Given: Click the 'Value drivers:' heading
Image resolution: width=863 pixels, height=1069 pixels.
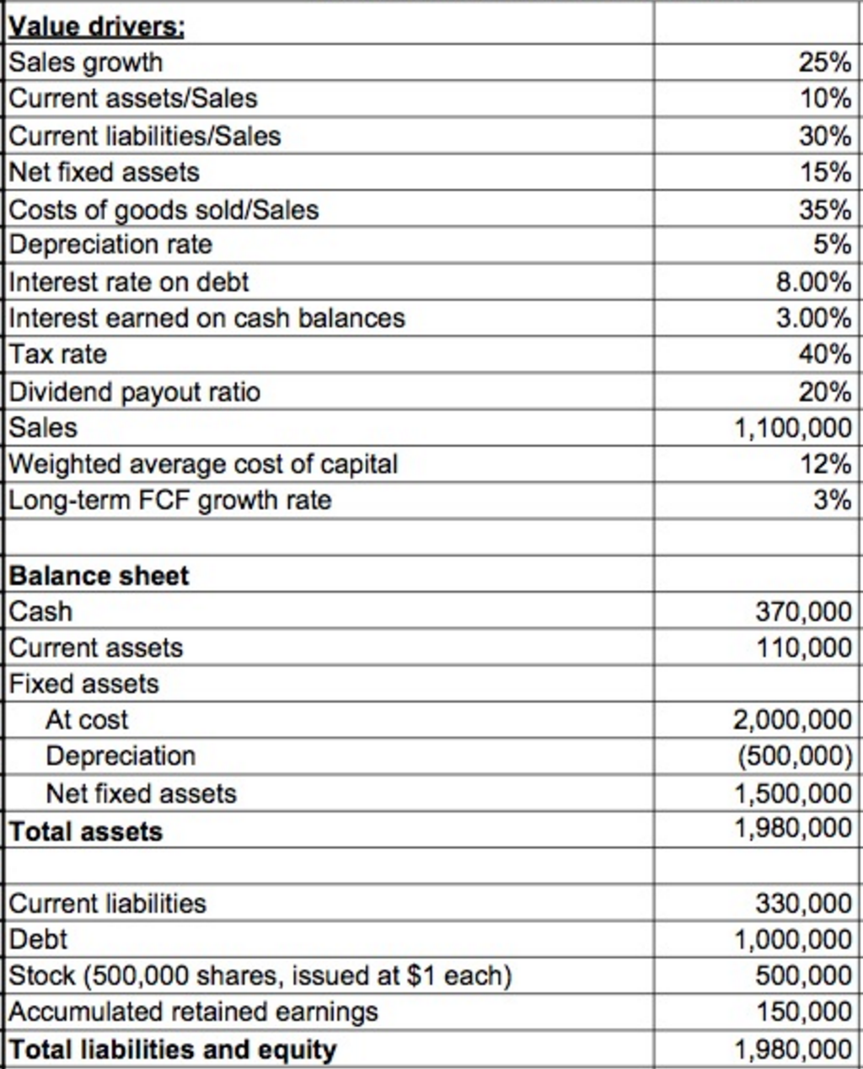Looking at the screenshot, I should (97, 27).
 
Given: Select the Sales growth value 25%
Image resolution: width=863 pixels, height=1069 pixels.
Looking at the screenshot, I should (824, 62).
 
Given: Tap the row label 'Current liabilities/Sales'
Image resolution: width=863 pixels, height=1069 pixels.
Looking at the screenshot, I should (145, 136).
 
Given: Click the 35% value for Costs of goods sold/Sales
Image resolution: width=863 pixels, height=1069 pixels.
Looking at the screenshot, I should (824, 209).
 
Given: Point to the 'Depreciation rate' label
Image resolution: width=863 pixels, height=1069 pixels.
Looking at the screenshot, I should (110, 244).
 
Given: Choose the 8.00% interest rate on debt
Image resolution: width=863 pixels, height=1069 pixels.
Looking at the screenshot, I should (813, 282).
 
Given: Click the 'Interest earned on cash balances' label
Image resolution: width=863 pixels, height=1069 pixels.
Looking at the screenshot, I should (207, 318).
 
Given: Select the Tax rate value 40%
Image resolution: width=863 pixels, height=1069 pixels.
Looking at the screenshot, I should (824, 354).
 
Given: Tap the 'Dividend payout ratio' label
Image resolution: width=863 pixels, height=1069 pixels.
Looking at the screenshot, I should (135, 392).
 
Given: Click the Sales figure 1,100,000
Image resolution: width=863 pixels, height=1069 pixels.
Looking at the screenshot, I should (793, 428).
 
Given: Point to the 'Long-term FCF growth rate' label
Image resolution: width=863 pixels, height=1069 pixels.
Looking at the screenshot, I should (170, 501).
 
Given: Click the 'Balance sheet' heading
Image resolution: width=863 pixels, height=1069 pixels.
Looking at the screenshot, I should (99, 576).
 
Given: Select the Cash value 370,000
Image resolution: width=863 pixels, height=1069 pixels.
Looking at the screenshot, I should (803, 611).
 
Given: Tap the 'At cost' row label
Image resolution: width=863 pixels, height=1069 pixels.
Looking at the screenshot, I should (87, 720).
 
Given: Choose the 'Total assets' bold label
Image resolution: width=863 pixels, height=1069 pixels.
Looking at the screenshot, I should (86, 832).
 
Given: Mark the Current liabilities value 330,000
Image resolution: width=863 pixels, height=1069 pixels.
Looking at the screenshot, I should (803, 904).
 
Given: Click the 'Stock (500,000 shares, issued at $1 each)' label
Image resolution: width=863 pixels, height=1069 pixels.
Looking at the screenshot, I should (260, 976).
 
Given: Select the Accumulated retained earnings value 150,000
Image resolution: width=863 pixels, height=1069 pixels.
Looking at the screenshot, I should (803, 1012).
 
